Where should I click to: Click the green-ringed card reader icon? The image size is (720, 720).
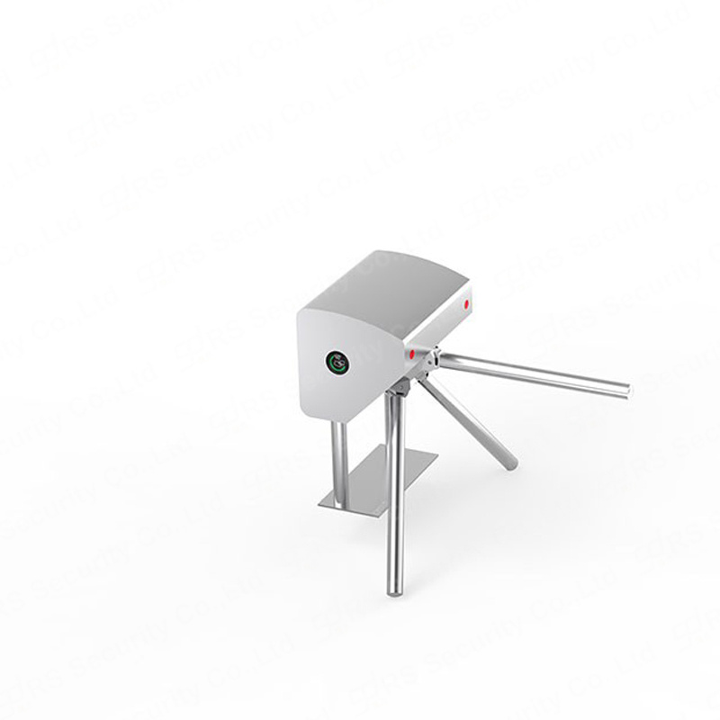[337, 363]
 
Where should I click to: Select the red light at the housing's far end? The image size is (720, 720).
[467, 303]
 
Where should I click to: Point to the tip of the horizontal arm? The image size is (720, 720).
[625, 390]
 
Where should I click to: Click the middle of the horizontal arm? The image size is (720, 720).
[531, 375]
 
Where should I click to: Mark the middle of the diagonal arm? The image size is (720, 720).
[468, 418]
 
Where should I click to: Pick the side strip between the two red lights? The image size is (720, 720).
[439, 329]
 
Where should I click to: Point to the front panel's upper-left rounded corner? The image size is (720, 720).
[306, 310]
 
